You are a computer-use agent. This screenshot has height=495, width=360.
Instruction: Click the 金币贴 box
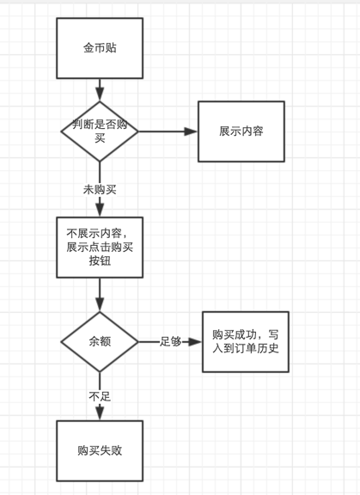click(x=100, y=48)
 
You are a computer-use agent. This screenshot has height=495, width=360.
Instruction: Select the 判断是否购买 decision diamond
click(x=100, y=131)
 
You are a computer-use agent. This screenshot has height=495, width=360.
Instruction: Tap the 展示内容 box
click(x=241, y=131)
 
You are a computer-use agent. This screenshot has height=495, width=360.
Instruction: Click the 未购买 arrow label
click(x=100, y=190)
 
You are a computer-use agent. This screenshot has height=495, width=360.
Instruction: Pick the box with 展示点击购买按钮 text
click(x=100, y=247)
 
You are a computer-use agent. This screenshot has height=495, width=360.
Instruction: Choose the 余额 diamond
click(x=100, y=341)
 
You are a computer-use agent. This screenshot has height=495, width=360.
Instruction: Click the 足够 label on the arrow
click(x=170, y=341)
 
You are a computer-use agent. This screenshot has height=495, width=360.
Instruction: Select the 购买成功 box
click(x=246, y=342)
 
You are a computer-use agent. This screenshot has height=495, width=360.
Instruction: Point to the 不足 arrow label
click(x=100, y=396)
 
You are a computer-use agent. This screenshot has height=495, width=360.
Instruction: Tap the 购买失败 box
click(x=100, y=451)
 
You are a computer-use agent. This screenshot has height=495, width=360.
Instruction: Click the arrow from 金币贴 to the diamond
click(x=100, y=90)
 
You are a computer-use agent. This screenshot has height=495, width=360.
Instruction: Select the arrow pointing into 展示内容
click(x=168, y=131)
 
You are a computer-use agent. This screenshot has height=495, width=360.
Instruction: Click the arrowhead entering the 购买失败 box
click(x=100, y=413)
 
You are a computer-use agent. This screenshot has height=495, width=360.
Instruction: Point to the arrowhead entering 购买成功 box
click(x=195, y=341)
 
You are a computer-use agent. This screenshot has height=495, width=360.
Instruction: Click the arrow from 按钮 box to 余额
click(x=100, y=295)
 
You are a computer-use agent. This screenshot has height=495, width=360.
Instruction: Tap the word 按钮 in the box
click(x=100, y=261)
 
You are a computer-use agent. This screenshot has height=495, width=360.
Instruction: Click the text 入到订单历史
click(x=246, y=348)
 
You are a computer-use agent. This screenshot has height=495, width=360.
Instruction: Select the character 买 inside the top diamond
click(x=100, y=138)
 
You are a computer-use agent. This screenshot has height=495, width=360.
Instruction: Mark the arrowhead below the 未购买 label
click(x=100, y=210)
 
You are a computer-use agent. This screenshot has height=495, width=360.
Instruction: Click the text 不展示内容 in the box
click(x=94, y=233)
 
